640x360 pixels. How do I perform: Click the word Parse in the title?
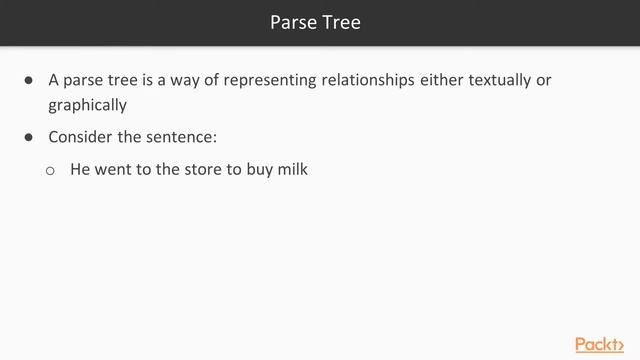point(293,22)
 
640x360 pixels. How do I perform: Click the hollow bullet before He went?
point(50,171)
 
